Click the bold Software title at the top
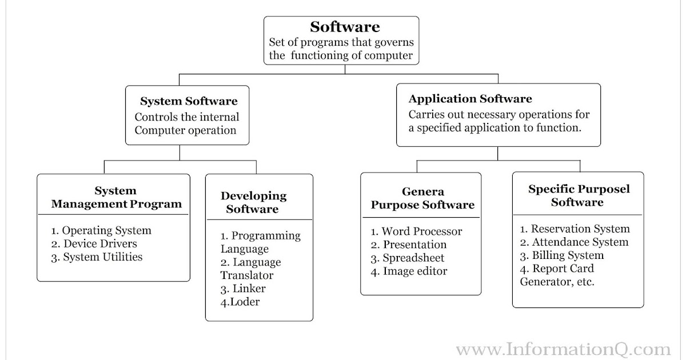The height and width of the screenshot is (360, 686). point(345,27)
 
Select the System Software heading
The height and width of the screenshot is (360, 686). point(189,101)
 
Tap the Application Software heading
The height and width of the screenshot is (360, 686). point(470,99)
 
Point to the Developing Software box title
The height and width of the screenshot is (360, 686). point(253,202)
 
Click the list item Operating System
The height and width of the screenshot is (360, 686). point(101,231)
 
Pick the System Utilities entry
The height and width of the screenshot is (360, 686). point(97,257)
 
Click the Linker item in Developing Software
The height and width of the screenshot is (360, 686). point(243,289)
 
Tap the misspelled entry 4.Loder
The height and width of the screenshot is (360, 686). point(240,302)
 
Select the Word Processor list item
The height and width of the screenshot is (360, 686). point(416,231)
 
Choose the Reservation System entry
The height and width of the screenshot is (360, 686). point(575,229)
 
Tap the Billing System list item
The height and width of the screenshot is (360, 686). point(562,255)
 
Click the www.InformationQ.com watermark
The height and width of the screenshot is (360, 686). point(564,349)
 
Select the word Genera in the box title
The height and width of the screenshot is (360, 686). point(423,191)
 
